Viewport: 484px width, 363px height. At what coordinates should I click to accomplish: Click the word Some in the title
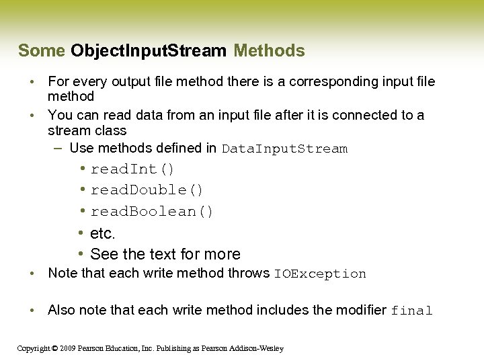[42, 51]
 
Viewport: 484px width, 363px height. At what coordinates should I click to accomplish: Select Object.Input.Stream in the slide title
[149, 51]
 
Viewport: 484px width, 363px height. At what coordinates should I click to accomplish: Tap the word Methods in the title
[269, 51]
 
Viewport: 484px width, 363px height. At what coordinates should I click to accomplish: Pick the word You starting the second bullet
[61, 116]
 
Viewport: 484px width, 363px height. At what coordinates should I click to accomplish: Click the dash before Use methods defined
[58, 148]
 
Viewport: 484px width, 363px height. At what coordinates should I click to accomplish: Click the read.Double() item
[147, 190]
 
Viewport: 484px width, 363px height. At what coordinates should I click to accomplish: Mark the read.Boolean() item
[152, 212]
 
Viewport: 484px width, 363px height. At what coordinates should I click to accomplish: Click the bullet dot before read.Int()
[81, 168]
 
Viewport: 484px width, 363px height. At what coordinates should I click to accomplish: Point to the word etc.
[103, 234]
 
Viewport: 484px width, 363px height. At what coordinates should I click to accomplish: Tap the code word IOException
[320, 274]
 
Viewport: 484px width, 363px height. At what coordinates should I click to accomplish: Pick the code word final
[411, 311]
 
